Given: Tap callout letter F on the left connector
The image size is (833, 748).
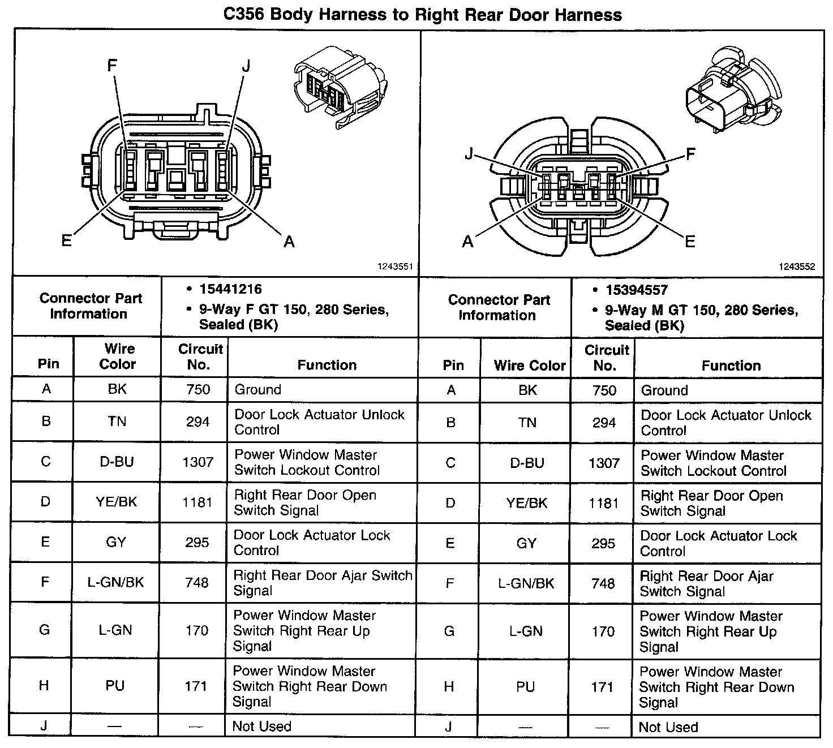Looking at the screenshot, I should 112,66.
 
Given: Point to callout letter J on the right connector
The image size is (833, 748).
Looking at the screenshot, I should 469,153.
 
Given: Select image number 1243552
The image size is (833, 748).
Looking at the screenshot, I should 797,267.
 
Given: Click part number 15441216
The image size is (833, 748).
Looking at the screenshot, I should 230,289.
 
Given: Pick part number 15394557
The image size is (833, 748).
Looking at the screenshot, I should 637,290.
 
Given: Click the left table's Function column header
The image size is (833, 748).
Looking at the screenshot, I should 327,365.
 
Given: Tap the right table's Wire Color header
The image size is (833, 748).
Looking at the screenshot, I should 530,366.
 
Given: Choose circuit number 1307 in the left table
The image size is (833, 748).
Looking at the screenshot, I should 197,462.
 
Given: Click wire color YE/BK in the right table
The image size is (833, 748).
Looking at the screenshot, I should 527,503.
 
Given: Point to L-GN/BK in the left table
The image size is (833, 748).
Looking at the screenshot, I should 116,582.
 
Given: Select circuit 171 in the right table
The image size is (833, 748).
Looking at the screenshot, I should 602,687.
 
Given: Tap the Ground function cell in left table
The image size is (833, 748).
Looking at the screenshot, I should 257,390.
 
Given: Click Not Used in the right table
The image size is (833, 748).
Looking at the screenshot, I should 668,727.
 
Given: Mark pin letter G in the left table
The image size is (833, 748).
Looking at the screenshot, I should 44,630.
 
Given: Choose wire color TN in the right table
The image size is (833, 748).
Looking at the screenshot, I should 527,422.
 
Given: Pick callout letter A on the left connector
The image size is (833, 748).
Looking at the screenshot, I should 289,242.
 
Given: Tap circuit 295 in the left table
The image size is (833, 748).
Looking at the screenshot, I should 197,543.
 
